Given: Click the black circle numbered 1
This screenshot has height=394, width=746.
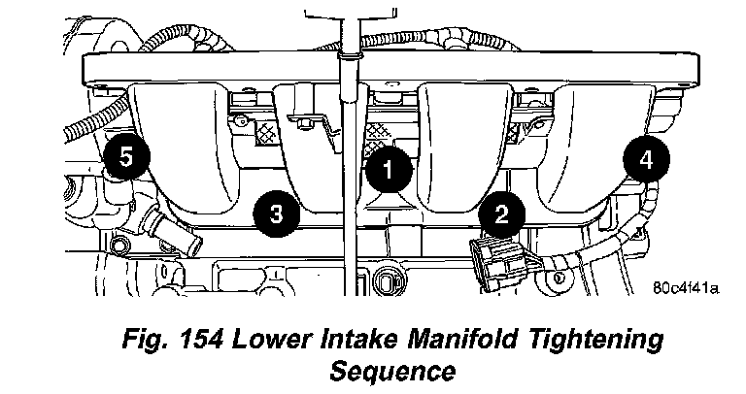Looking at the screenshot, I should [x=387, y=172].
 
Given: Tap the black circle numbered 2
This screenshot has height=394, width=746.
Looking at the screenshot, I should [x=500, y=213].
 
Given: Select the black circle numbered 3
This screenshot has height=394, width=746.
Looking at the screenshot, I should [x=275, y=213].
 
